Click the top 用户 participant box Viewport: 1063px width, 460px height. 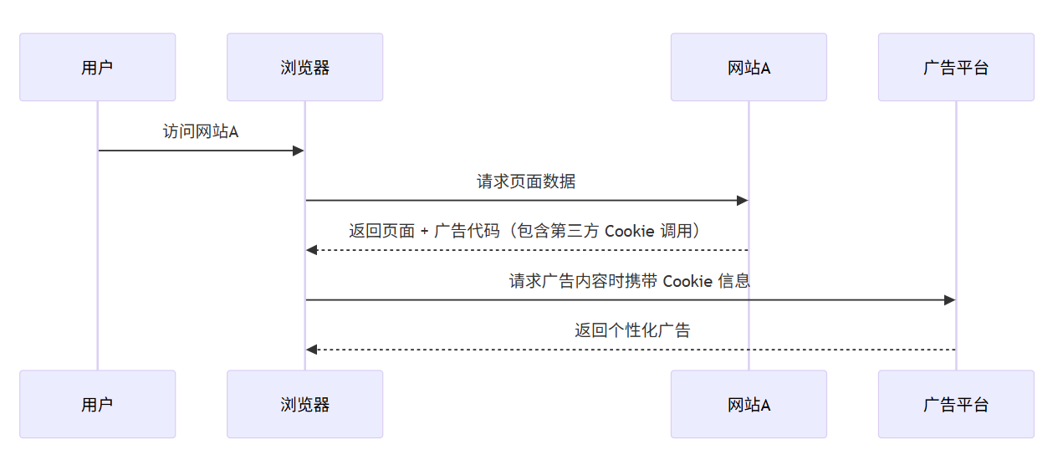pyautogui.click(x=97, y=67)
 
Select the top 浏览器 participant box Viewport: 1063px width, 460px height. pyautogui.click(x=304, y=67)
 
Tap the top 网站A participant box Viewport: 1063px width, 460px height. pyautogui.click(x=749, y=67)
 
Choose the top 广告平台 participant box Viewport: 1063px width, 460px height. pyautogui.click(x=956, y=67)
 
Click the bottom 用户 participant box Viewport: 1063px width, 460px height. pyautogui.click(x=97, y=404)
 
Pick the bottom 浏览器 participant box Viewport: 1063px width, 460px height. pyautogui.click(x=304, y=404)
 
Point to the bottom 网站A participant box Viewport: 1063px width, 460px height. pyautogui.click(x=749, y=404)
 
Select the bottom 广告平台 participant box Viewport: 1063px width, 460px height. pyautogui.click(x=956, y=404)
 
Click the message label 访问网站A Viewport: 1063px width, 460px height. pyautogui.click(x=201, y=131)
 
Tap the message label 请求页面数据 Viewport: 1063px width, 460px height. pyautogui.click(x=526, y=181)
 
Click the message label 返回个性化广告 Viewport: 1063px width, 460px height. pyautogui.click(x=632, y=330)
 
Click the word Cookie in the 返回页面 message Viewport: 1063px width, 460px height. pyautogui.click(x=629, y=231)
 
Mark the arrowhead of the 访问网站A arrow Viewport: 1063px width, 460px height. pyautogui.click(x=299, y=151)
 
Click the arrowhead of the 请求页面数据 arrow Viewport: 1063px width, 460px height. pyautogui.click(x=742, y=201)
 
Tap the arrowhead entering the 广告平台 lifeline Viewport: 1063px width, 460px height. pyautogui.click(x=949, y=299)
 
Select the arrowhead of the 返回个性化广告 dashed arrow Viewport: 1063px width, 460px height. pyautogui.click(x=311, y=350)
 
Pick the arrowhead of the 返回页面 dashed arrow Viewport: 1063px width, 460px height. pyautogui.click(x=311, y=250)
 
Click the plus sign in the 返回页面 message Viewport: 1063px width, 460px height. pyautogui.click(x=425, y=232)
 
